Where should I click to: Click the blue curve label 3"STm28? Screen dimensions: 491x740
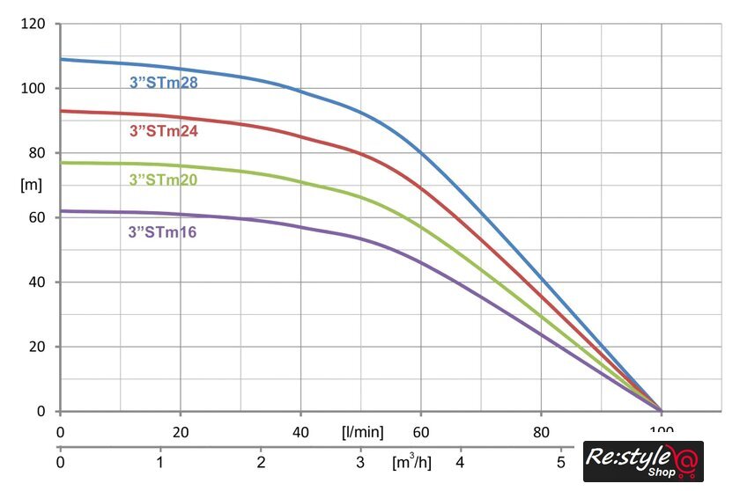point(163,84)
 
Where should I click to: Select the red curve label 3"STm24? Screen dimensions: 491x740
point(163,132)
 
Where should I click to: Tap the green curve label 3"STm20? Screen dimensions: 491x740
point(163,180)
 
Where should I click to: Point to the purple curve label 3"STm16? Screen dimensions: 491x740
point(163,232)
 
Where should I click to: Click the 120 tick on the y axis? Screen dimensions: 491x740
point(33,24)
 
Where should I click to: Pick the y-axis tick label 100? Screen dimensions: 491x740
point(33,88)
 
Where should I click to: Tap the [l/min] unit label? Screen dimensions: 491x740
point(362,432)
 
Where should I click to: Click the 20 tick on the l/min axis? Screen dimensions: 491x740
point(180,432)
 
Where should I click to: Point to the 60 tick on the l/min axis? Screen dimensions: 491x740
point(420,432)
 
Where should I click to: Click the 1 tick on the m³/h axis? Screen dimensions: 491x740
point(160,461)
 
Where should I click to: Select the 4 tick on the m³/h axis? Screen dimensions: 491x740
point(460,461)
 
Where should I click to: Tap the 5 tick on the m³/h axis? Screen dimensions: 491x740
point(560,461)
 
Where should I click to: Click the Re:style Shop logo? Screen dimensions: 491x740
point(643,461)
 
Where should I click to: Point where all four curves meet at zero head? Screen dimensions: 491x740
point(661,410)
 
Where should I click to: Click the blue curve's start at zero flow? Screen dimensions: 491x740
point(61,59)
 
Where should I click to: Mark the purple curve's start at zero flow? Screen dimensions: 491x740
point(61,210)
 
